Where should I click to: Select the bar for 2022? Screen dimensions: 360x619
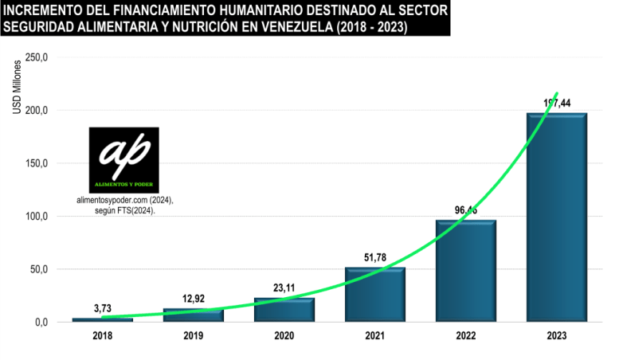click(465, 271)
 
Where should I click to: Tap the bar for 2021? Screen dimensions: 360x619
click(374, 294)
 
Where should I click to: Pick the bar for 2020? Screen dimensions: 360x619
click(284, 309)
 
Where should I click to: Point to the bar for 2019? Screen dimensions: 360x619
click(194, 315)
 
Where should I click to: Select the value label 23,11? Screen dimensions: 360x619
click(284, 286)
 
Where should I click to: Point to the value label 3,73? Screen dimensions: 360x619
click(103, 307)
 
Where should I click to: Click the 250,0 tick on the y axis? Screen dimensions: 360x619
click(37, 57)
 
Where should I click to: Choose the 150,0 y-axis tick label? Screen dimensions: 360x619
click(37, 163)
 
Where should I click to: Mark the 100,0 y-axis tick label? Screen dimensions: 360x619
click(37, 217)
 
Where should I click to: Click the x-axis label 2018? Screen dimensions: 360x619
click(103, 337)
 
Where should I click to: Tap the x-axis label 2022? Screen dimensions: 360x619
click(465, 337)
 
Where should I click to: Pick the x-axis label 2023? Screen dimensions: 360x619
click(557, 337)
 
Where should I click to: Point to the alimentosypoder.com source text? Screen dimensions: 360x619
click(123, 202)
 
